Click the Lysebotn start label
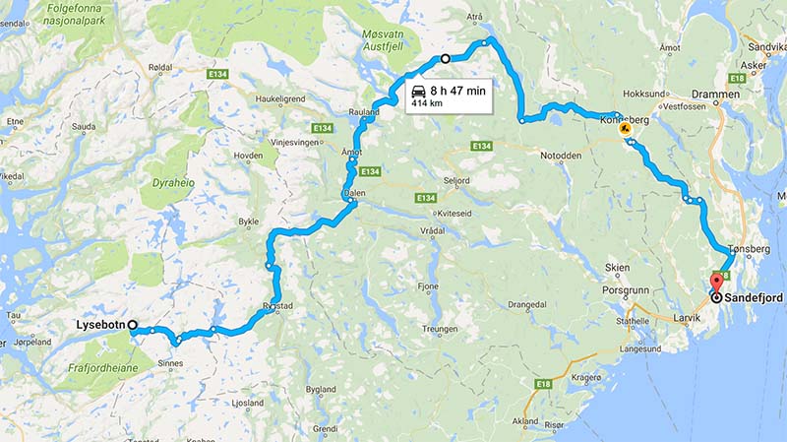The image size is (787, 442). click(101, 326)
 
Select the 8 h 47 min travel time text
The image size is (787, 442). click(457, 90)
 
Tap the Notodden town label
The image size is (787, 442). click(562, 156)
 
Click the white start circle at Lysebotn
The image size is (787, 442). click(132, 326)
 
